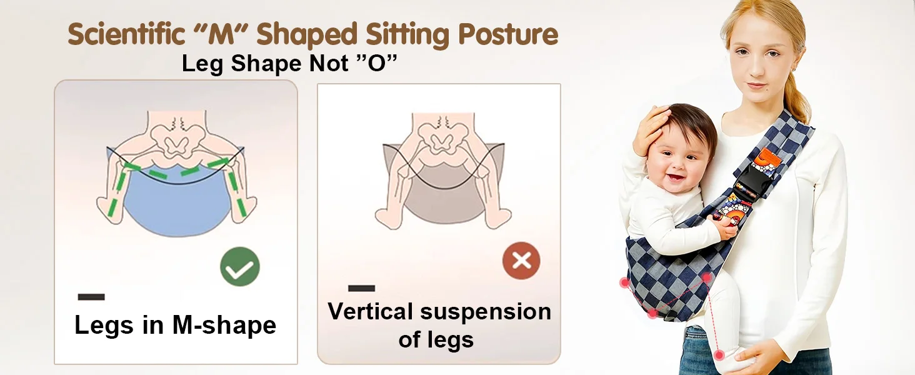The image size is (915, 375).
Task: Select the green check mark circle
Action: pos(239,267)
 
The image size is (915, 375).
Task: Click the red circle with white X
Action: pos(521,260)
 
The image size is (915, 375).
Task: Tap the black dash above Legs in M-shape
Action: pos(91,297)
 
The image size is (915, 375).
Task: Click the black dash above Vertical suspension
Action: pos(361,288)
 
